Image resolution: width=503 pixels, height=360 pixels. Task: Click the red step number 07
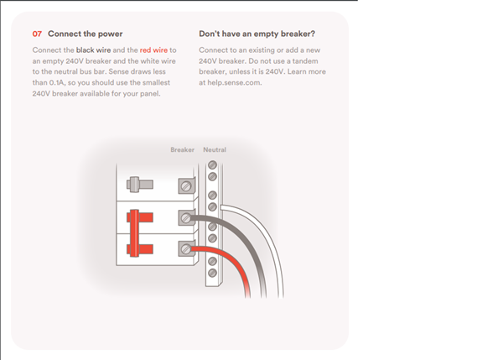[37, 34]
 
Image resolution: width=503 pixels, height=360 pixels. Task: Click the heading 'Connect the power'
[86, 34]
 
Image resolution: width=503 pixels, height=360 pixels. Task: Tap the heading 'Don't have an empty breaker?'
[257, 34]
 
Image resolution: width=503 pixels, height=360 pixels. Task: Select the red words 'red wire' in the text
[153, 50]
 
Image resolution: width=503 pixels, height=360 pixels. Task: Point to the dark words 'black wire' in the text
[93, 50]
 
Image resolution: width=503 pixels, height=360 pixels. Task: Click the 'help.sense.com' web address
[235, 82]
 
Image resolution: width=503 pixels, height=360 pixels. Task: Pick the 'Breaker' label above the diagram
[182, 149]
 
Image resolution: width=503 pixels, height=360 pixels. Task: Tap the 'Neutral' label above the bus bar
[215, 149]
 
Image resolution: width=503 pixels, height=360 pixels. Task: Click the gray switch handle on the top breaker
[140, 185]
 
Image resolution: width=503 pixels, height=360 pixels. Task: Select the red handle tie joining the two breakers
[134, 233]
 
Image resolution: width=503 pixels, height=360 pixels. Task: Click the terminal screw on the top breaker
[186, 186]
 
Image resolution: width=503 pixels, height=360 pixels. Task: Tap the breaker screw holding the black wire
[186, 218]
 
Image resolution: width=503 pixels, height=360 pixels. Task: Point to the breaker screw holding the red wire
[186, 249]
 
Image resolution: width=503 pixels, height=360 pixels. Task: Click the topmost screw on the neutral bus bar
[212, 165]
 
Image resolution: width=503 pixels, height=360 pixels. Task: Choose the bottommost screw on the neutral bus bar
[212, 273]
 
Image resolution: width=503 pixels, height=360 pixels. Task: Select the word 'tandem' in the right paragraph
[305, 61]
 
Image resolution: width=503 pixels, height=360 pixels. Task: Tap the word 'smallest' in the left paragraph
[156, 82]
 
